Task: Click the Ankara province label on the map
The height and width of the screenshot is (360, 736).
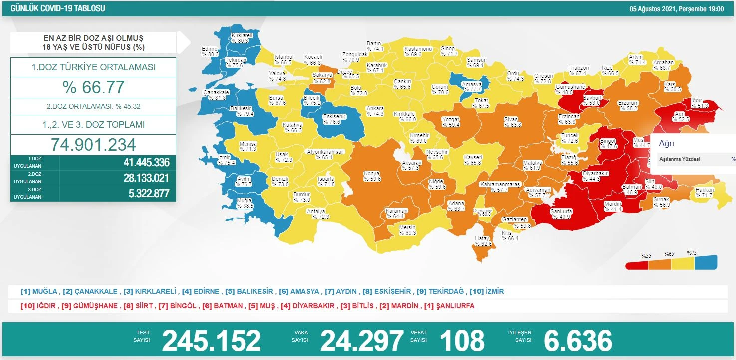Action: click(x=375, y=111)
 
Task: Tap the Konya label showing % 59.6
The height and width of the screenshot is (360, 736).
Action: click(x=372, y=176)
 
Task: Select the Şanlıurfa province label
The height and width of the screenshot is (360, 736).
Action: click(x=561, y=214)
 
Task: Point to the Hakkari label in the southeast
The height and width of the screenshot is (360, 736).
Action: click(x=706, y=192)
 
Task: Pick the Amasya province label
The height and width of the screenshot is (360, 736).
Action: click(x=472, y=87)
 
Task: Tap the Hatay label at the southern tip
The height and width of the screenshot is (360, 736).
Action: click(x=483, y=241)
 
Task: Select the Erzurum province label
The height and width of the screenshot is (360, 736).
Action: click(x=628, y=105)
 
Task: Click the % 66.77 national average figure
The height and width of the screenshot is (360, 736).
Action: click(x=93, y=87)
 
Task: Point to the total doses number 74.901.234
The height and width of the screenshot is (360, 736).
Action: click(x=93, y=144)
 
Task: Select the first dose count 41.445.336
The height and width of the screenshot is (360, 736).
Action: click(x=146, y=162)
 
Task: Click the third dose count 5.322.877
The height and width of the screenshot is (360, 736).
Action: click(x=146, y=193)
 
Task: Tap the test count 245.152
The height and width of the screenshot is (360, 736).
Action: click(x=211, y=341)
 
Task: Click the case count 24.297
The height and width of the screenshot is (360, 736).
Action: click(x=361, y=341)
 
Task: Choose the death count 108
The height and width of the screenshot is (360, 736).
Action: click(x=461, y=341)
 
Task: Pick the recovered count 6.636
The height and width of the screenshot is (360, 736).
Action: click(x=577, y=341)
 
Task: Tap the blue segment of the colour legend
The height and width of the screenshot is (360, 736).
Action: click(x=706, y=262)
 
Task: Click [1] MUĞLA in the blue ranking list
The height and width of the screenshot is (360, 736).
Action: click(x=39, y=291)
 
